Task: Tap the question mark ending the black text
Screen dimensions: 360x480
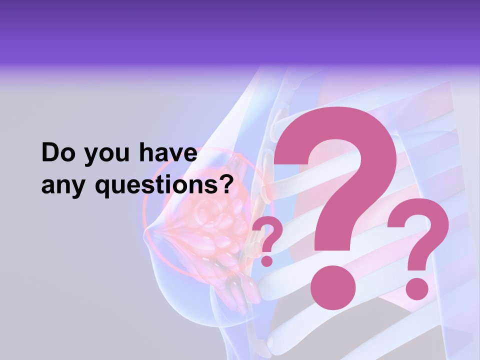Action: click(x=228, y=184)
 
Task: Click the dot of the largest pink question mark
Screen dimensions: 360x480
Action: click(x=332, y=288)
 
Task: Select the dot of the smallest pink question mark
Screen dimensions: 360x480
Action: click(x=267, y=260)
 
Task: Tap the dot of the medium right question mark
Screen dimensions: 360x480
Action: click(x=416, y=288)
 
